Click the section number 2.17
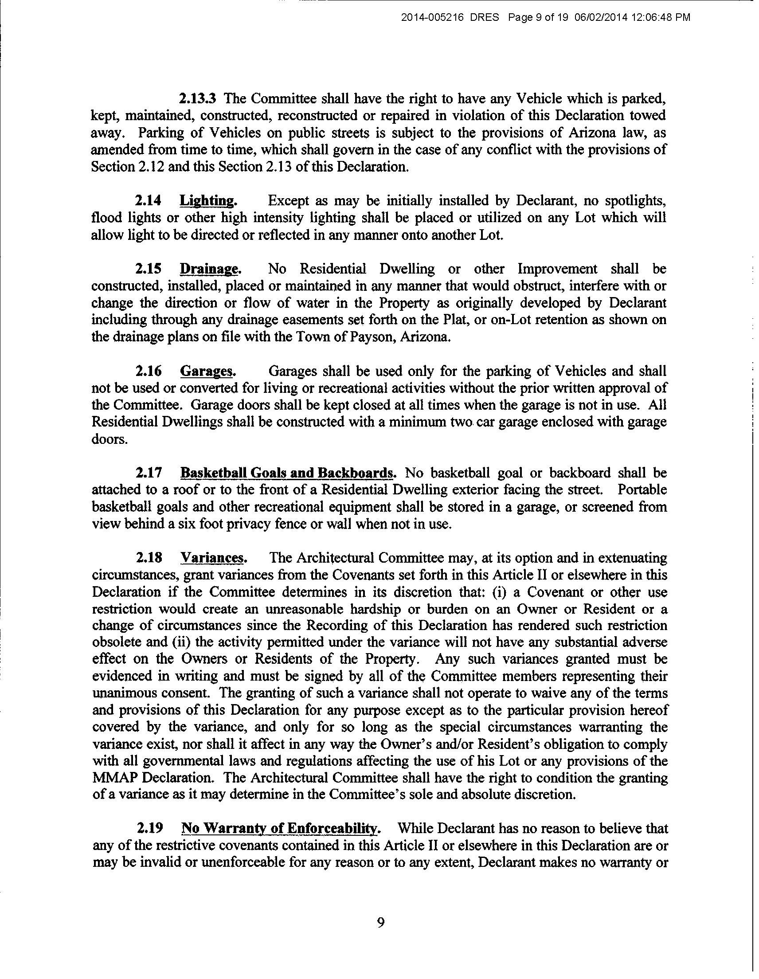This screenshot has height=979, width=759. (149, 473)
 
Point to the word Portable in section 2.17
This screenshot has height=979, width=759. (642, 490)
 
